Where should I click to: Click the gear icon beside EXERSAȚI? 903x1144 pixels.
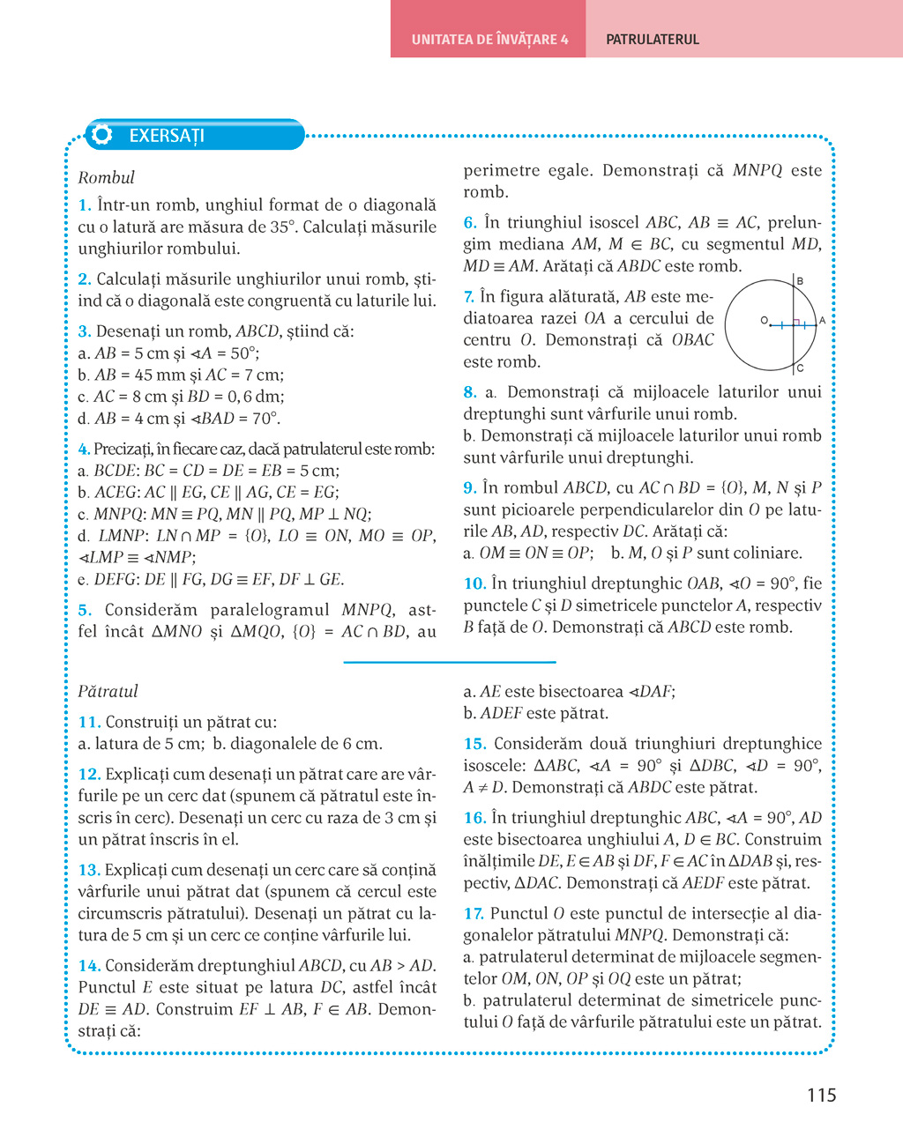coord(102,135)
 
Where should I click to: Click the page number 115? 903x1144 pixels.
coord(821,1096)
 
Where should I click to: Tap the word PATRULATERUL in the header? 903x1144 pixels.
coord(653,40)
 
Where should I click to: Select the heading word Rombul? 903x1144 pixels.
coord(106,177)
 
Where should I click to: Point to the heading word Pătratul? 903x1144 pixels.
coord(108,691)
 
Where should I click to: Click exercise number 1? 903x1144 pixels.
coord(84,205)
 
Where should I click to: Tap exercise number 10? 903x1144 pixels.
coord(474,583)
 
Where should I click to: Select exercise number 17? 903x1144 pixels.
coord(474,914)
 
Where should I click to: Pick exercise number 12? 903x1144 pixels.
coord(88,775)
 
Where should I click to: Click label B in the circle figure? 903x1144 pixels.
coord(800,281)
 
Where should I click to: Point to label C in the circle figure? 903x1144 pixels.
coord(800,368)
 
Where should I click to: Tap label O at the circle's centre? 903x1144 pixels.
coord(764,321)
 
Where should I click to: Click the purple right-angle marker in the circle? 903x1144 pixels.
coord(795,323)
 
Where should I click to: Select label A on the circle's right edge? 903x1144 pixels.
coord(822,321)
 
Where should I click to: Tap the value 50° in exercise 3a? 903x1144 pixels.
coord(244,353)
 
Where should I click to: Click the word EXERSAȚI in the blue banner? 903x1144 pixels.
coord(167,136)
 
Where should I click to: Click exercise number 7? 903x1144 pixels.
coord(469,297)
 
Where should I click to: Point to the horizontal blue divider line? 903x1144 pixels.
coord(450,662)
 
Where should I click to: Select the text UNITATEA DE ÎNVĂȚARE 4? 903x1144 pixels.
coord(489,40)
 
